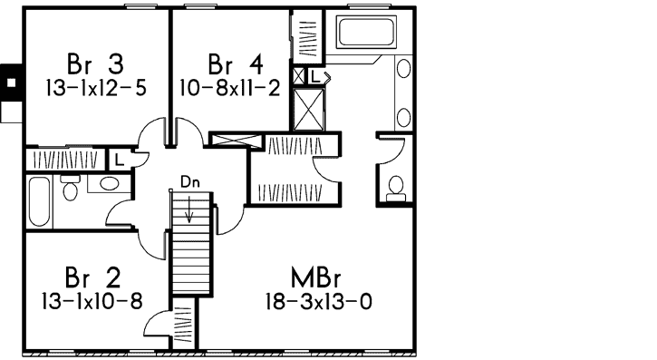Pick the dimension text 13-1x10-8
point(92,300)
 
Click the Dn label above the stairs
point(188,181)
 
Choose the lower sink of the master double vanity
point(403,115)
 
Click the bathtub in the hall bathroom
point(39,201)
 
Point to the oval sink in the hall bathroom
point(109,184)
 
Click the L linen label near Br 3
point(119,160)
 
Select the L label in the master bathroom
point(314,77)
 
